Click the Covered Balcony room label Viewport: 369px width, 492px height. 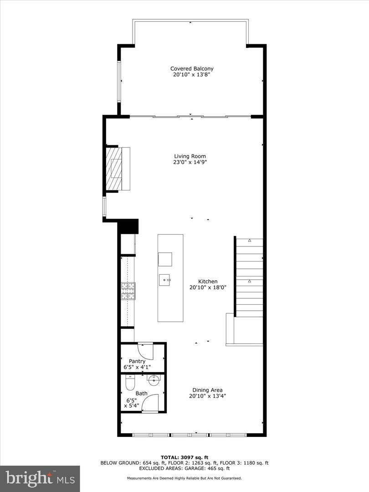pos(192,69)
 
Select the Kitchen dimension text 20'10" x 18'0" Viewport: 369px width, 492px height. pos(208,287)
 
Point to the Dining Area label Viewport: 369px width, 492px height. pos(207,390)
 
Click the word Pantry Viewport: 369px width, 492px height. pos(137,361)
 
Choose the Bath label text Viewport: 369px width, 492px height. pos(141,393)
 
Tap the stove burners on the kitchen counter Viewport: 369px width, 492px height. pos(128,291)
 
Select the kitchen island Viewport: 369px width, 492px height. pos(170,278)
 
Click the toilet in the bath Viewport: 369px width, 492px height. pos(130,383)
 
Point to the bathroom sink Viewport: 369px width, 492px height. pos(154,379)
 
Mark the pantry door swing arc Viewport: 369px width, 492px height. pos(146,352)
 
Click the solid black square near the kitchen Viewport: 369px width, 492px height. pos(128,226)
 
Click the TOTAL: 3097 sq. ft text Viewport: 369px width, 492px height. pos(184,457)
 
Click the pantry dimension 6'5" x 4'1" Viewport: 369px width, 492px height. pos(137,367)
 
